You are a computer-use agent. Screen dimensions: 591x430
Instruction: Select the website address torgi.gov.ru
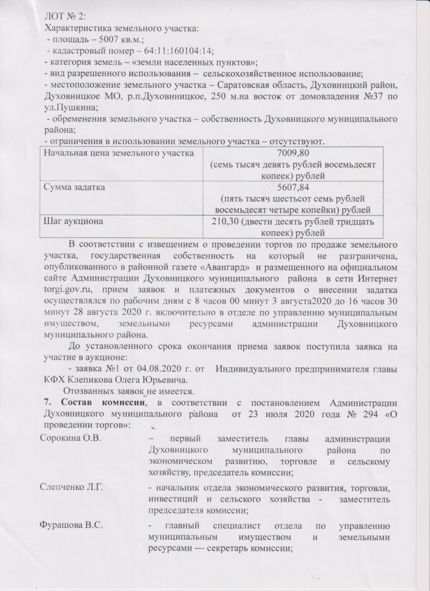click(x=69, y=289)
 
